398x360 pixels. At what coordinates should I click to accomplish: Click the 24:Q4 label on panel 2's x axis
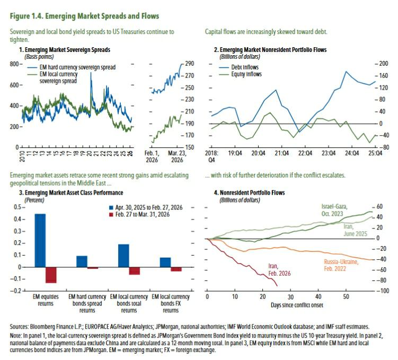351,153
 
